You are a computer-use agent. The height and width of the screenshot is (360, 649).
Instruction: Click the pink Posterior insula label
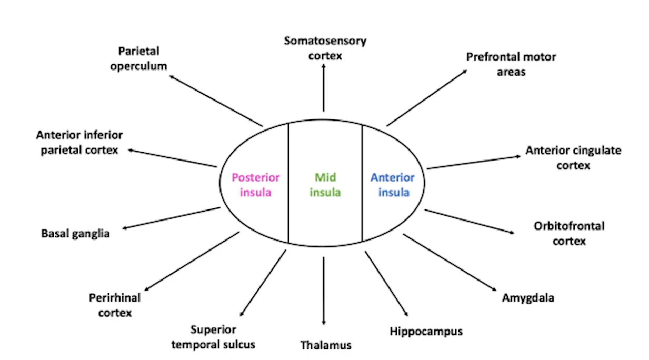tap(256, 185)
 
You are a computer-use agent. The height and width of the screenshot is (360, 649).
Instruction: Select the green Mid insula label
tap(325, 185)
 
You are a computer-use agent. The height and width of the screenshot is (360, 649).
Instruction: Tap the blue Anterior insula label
tap(393, 185)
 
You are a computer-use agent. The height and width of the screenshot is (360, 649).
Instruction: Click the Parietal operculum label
tap(138, 58)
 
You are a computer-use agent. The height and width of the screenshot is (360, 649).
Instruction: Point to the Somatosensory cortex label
tap(325, 48)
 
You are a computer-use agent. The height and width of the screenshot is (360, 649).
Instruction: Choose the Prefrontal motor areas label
tap(511, 64)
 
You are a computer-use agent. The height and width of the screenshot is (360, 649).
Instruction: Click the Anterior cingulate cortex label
tap(573, 158)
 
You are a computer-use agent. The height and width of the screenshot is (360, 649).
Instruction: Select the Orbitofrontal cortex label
tap(562, 234)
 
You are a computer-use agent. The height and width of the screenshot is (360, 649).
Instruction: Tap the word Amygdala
tap(528, 298)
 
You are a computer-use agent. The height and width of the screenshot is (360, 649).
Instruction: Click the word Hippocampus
tap(426, 331)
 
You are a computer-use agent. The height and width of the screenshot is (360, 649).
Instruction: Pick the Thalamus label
tap(326, 345)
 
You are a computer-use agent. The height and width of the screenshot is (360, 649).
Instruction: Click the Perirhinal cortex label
tap(115, 305)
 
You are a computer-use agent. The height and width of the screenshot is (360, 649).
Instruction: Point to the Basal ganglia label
tap(75, 233)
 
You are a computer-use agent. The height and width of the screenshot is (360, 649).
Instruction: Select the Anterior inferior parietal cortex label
tap(79, 142)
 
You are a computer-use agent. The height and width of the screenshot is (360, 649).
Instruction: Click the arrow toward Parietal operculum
tap(216, 101)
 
